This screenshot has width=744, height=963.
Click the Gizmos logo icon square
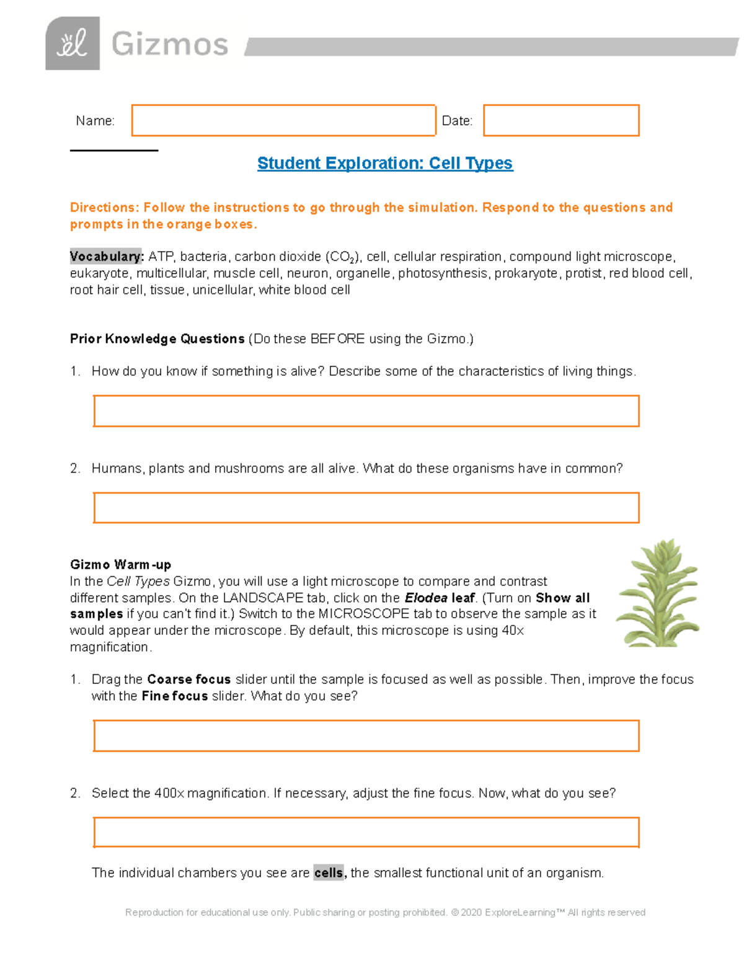72,43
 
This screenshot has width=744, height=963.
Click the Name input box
283,120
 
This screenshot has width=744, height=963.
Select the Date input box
560,120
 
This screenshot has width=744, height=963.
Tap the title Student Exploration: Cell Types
384,163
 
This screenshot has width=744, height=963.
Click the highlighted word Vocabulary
106,257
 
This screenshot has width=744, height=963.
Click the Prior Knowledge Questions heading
157,339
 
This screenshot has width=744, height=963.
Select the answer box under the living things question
366,411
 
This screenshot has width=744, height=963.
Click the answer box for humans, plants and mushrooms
366,508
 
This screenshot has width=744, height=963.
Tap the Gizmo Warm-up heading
120,564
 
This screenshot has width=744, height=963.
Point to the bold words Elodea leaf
440,598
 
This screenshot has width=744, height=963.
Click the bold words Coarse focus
188,680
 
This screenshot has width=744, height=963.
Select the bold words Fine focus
174,696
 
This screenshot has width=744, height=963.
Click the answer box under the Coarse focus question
366,735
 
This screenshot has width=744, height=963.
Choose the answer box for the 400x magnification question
366,832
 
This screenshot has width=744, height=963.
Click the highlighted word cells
329,873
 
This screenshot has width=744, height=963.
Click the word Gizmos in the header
170,45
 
